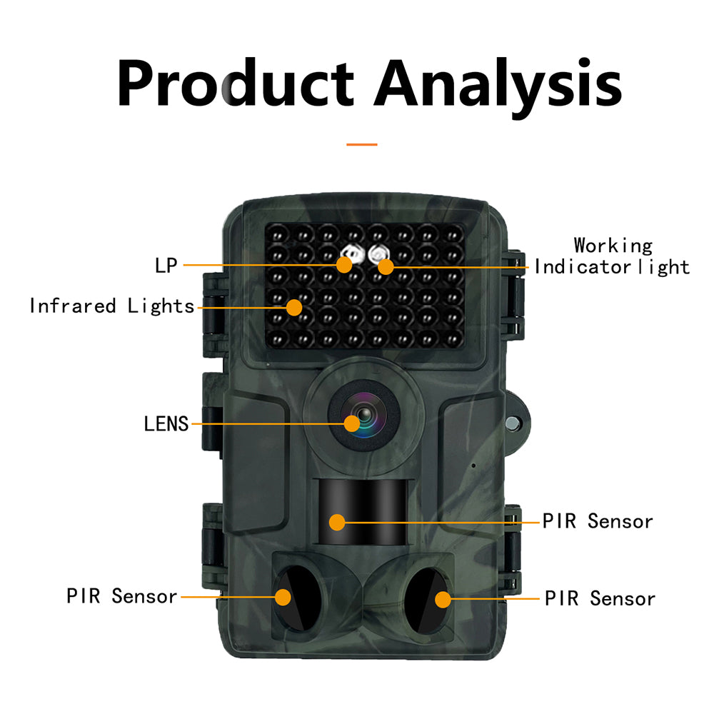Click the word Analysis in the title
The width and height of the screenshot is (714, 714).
(498, 84)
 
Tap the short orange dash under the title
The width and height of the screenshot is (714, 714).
(362, 144)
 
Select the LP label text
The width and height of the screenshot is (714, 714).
(166, 266)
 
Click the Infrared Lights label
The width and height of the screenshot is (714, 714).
(112, 306)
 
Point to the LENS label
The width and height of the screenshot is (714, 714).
(166, 424)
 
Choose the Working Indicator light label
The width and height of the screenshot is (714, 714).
(613, 256)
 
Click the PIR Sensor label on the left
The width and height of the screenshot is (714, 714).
(122, 596)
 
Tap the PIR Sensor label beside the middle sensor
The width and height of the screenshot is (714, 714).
(598, 521)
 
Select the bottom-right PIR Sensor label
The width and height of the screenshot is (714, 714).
(600, 598)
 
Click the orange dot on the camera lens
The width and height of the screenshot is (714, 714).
(351, 423)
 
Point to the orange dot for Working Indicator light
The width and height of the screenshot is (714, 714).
(386, 267)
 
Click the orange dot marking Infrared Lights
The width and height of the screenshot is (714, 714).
(294, 307)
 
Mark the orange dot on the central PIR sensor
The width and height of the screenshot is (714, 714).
(337, 522)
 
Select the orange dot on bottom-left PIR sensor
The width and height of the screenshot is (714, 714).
(283, 596)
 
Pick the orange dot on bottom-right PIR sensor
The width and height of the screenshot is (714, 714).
(443, 598)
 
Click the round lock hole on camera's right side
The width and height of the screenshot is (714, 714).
(512, 422)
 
